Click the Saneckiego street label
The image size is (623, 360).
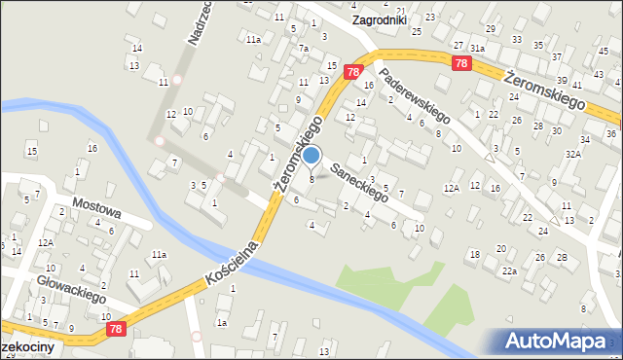point(359,182)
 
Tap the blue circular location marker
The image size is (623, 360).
point(311,155)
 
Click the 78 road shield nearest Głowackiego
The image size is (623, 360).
point(116,332)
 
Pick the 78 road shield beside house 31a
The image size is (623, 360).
point(461,62)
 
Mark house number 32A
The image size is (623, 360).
point(574,154)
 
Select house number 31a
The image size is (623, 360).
point(477,48)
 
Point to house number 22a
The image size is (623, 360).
point(509,270)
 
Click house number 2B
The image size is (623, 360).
point(563,257)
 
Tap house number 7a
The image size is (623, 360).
point(304,49)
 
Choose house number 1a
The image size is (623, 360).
point(222,322)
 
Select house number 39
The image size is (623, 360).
point(562,80)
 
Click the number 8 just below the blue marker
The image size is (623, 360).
point(311,178)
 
